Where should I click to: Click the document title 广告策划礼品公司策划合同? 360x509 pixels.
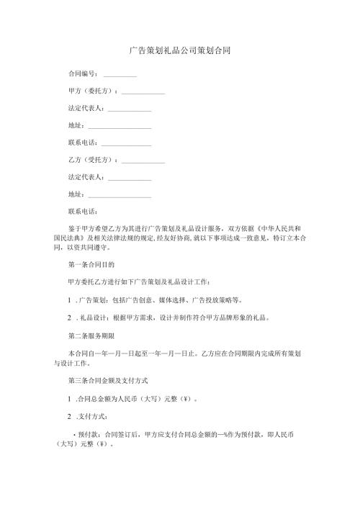click(x=179, y=51)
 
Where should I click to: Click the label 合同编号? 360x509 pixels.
click(x=82, y=74)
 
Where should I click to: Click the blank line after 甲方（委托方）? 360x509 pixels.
click(x=143, y=93)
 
